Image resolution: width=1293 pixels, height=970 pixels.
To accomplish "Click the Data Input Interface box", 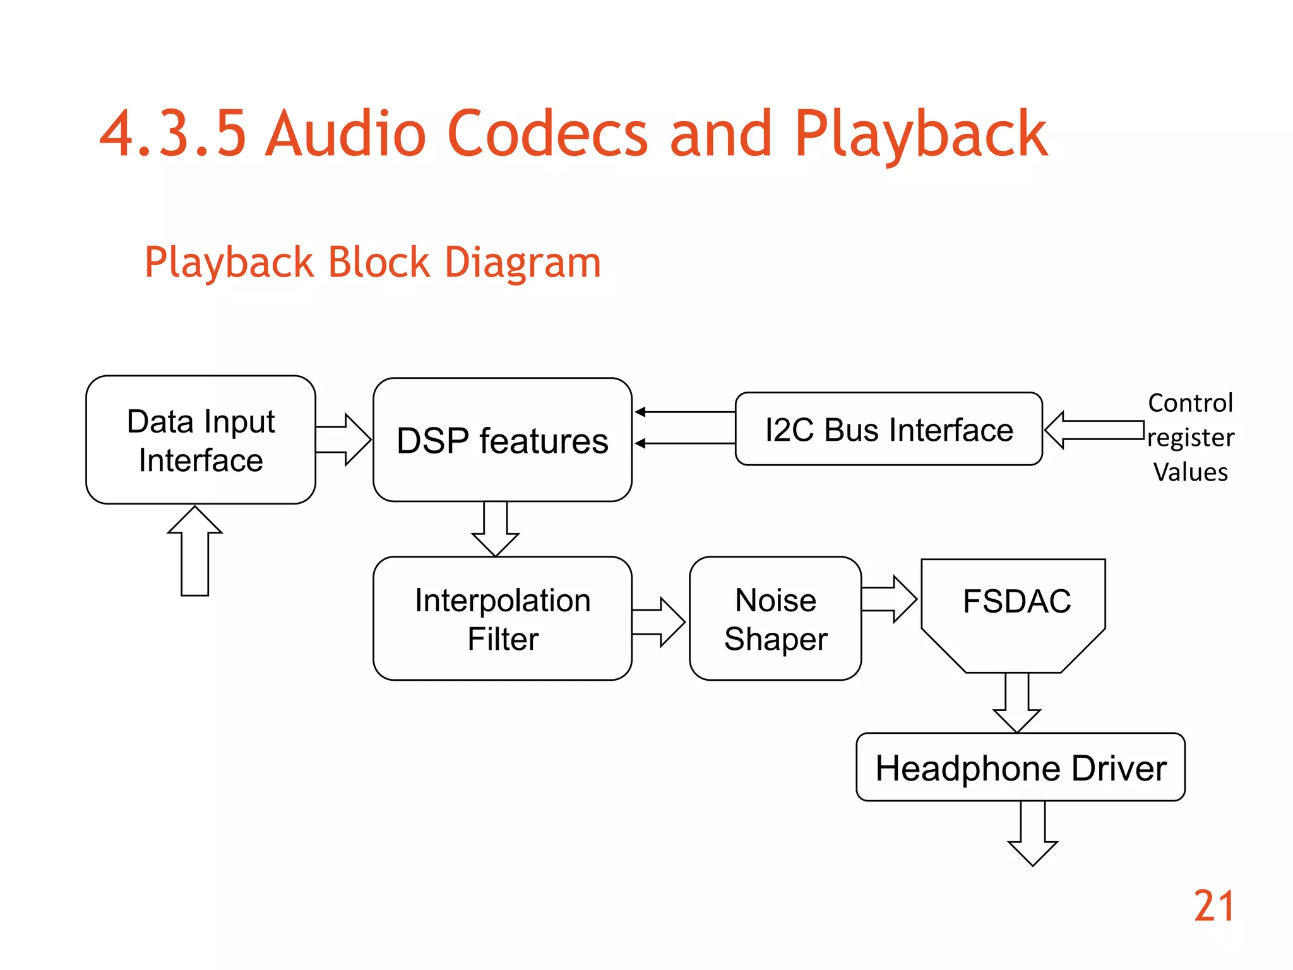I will [x=201, y=440].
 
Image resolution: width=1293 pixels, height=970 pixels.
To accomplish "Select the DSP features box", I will [x=502, y=440].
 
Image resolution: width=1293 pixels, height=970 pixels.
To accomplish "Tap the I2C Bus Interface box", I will [x=888, y=429].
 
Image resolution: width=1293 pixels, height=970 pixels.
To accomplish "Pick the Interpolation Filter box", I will [x=502, y=619].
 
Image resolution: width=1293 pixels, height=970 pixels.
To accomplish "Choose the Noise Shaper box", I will [x=775, y=619].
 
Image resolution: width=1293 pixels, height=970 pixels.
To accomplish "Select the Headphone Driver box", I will [x=1020, y=768].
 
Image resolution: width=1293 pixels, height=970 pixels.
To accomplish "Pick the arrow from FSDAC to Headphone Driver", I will [x=1016, y=701].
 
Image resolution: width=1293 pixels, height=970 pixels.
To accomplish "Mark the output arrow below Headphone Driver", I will [x=1033, y=834].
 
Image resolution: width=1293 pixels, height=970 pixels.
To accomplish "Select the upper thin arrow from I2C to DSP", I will [x=685, y=412].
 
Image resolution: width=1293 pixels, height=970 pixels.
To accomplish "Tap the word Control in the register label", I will [x=1190, y=403].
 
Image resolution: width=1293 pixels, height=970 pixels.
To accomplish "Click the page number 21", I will [x=1213, y=907].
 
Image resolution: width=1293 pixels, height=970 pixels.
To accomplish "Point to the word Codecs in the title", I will [x=547, y=134].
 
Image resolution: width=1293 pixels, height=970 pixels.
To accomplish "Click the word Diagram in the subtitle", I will [x=523, y=262].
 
